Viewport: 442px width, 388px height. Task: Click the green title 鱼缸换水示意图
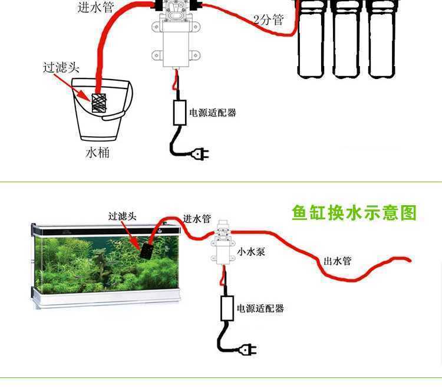pos(354,213)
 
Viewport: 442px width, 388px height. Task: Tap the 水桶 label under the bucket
pos(98,153)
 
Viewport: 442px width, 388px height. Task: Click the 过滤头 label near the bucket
pos(61,67)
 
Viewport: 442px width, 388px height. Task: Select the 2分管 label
pos(268,20)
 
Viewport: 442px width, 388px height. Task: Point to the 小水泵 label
pos(251,252)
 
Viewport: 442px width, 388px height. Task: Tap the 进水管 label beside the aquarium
pos(197,219)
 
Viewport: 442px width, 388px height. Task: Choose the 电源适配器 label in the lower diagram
pos(260,308)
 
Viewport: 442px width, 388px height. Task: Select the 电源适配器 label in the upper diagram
pos(212,113)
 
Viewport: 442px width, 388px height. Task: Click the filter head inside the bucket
pos(99,103)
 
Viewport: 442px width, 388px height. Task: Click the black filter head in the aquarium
pos(144,249)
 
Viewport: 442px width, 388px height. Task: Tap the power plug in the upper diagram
pos(199,154)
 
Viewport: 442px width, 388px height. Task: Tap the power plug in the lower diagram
pos(248,350)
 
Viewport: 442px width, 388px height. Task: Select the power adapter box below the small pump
pos(226,308)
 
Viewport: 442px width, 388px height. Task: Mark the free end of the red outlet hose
pos(408,259)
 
